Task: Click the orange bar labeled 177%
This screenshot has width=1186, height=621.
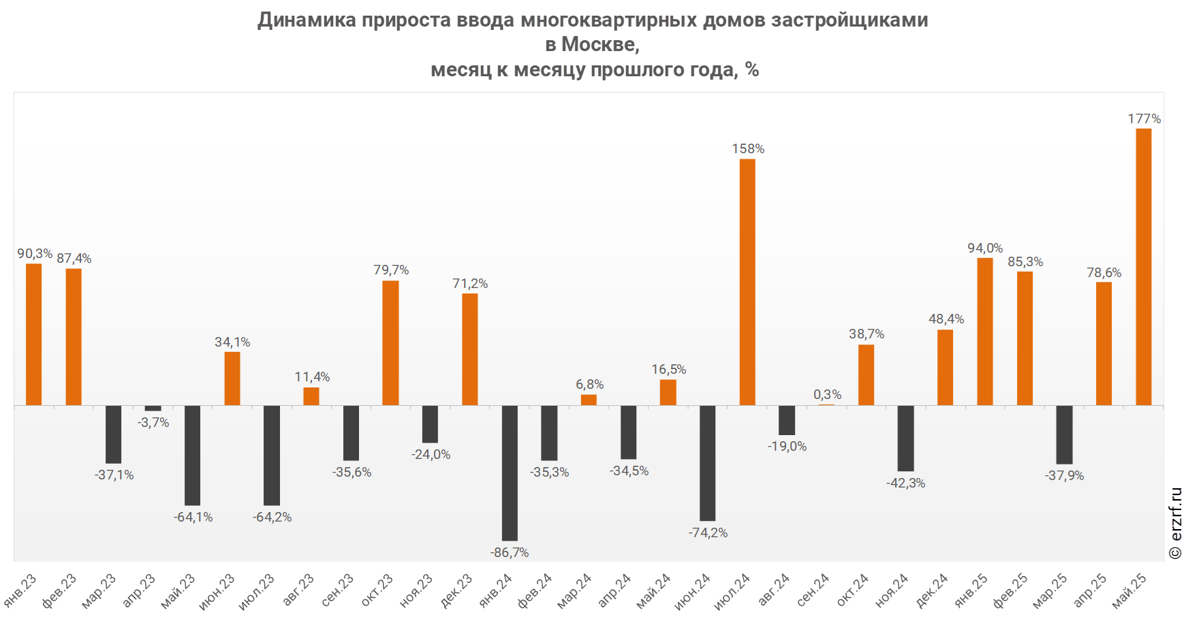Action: (1143, 267)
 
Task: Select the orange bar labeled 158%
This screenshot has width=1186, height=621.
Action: (747, 282)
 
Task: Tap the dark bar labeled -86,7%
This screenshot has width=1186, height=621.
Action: (510, 473)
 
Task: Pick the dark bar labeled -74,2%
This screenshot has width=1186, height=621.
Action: (708, 463)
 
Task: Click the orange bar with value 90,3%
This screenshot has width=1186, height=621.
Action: (34, 334)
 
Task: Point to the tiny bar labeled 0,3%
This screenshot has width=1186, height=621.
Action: (826, 405)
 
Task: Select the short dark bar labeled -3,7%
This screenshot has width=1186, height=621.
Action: (153, 409)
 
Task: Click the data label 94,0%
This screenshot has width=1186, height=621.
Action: (985, 249)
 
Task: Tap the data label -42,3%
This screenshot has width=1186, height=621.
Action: (905, 483)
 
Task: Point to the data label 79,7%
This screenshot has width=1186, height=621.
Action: (391, 270)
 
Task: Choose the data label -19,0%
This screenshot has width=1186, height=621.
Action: (787, 447)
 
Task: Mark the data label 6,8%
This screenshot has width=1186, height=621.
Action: (589, 385)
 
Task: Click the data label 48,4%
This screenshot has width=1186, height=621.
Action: (946, 319)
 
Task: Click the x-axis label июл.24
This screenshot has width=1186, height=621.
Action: (732, 591)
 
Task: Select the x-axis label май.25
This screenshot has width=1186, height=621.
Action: (1129, 590)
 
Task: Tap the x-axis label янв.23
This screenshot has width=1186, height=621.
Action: (20, 591)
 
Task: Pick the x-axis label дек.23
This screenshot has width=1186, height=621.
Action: (456, 591)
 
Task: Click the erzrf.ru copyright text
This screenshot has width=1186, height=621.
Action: (1175, 523)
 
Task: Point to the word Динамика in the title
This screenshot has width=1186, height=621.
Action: (307, 20)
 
